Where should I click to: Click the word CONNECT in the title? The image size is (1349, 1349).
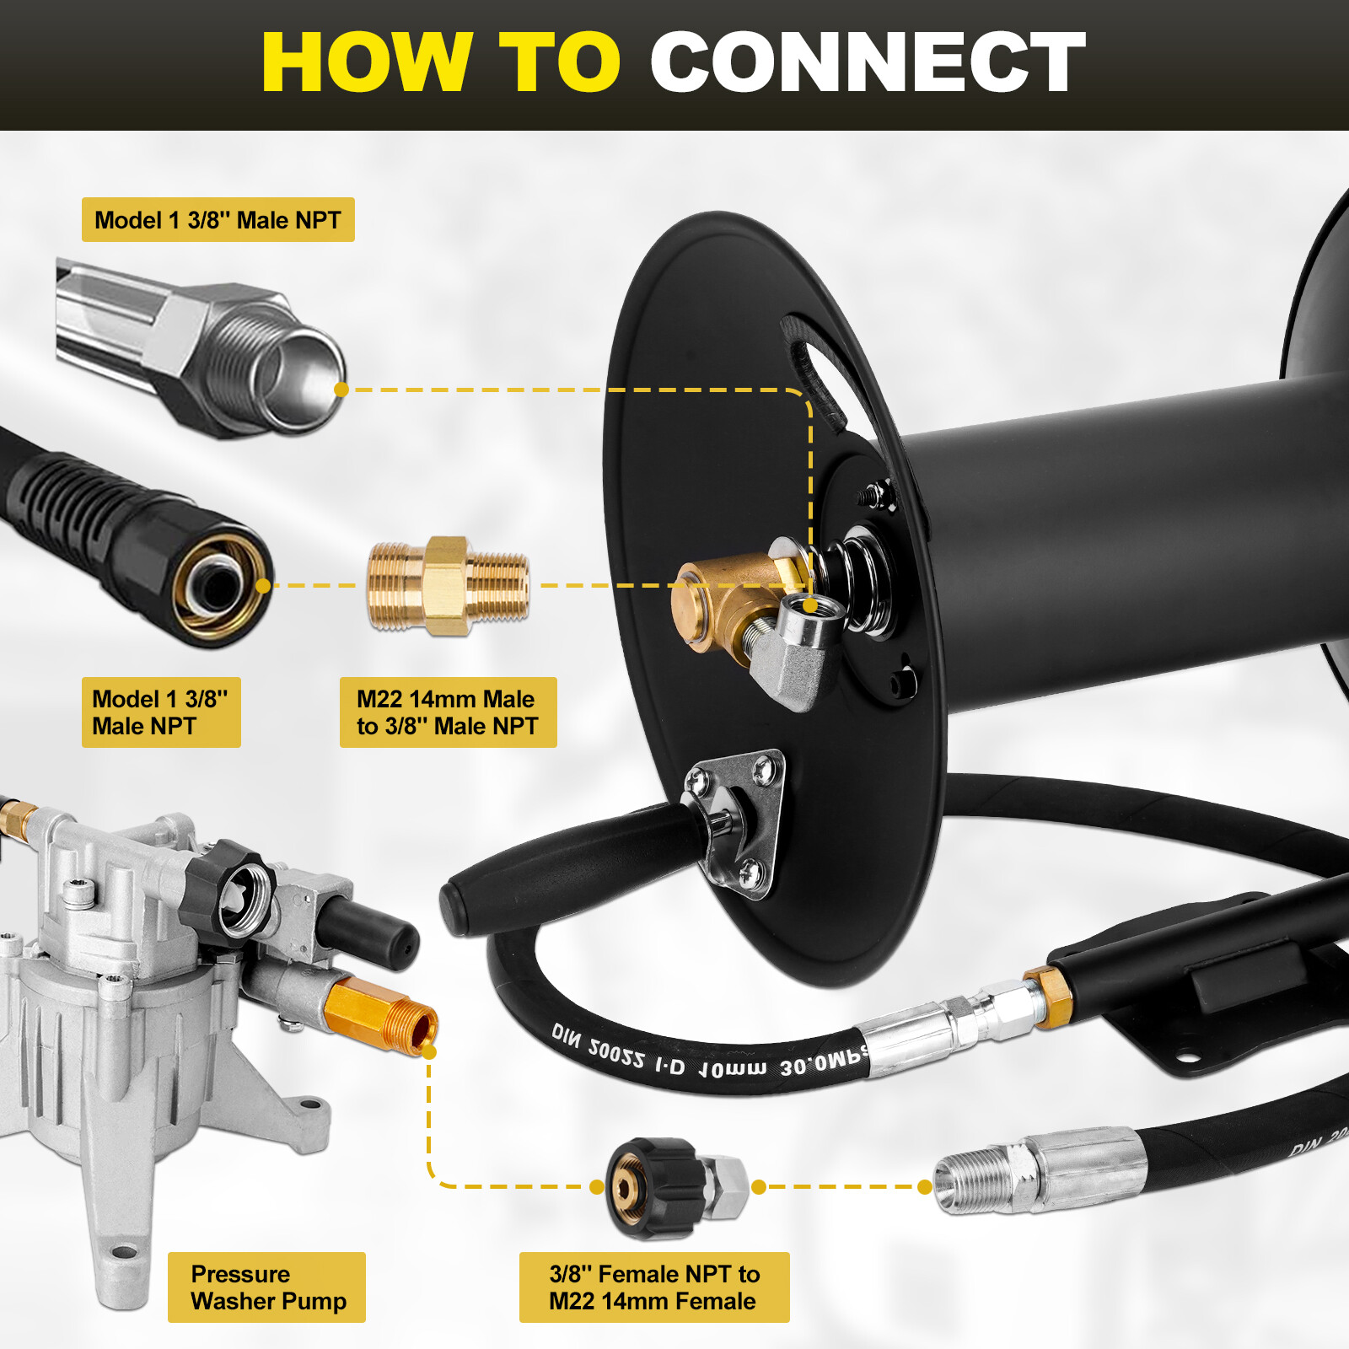867,62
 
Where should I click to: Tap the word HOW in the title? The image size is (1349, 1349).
366,62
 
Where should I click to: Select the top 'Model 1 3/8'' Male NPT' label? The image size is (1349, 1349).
218,220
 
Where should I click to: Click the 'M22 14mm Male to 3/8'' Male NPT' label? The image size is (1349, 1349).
448,712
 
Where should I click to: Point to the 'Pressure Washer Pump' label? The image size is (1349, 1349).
266,1287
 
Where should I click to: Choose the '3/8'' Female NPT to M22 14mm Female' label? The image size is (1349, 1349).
653,1287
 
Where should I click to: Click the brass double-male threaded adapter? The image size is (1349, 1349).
449,586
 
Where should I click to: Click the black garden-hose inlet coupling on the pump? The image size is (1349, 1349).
232,894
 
